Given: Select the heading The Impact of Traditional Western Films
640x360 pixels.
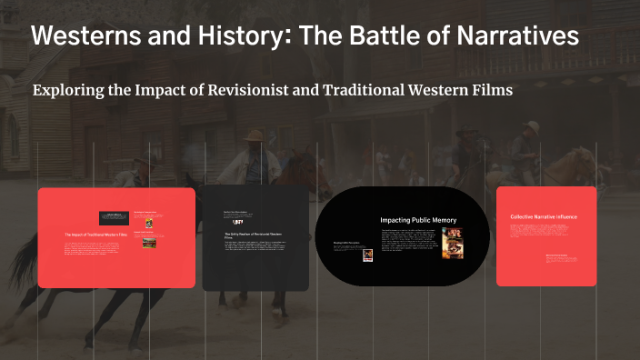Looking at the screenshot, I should point(92,235).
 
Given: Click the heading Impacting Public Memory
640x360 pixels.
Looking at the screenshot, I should point(418,220).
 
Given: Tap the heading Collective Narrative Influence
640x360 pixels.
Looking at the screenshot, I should point(544,217).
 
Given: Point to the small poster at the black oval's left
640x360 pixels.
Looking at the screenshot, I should point(368,255).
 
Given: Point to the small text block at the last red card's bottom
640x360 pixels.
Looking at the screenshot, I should point(556,258).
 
